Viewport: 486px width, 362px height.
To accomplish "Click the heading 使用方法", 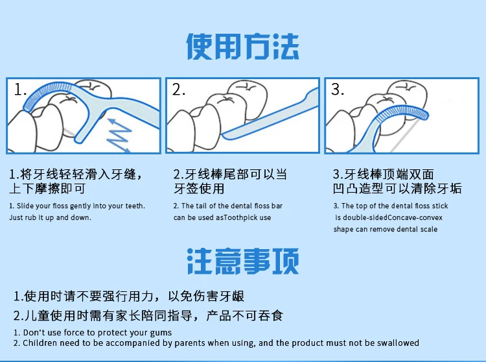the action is click(x=242, y=47).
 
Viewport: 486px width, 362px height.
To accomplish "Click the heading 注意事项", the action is click(x=243, y=261).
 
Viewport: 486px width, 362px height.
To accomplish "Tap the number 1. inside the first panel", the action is click(x=20, y=90).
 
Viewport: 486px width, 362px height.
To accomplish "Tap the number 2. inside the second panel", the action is click(x=179, y=90).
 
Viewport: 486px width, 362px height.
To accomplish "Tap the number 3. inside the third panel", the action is click(x=338, y=90).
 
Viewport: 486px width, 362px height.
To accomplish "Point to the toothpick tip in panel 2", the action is click(x=224, y=135).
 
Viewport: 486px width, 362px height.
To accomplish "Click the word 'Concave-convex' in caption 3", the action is click(x=415, y=217).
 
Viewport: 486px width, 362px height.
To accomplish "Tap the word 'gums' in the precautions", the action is click(x=161, y=333).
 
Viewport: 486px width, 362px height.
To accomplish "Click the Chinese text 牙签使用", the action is click(x=199, y=188).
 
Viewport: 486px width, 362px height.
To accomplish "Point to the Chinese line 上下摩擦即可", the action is click(x=47, y=188).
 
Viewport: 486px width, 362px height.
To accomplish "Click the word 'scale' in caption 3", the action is click(x=429, y=229).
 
